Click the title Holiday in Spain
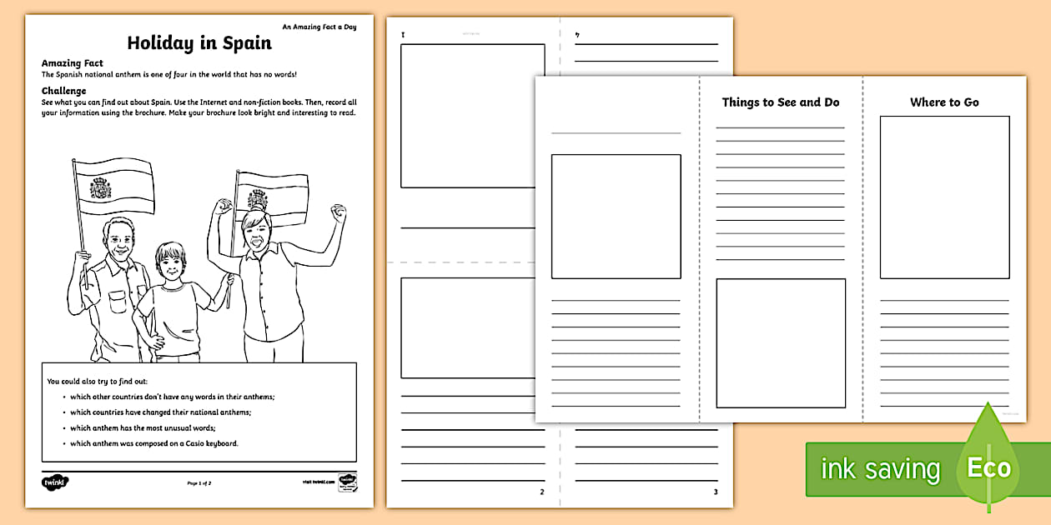pyautogui.click(x=199, y=43)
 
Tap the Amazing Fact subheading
pyautogui.click(x=72, y=63)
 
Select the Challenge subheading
pyautogui.click(x=64, y=91)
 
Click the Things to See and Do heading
pyautogui.click(x=780, y=102)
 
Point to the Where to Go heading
pyautogui.click(x=944, y=102)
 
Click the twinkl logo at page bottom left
pyautogui.click(x=55, y=482)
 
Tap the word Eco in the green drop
pyautogui.click(x=988, y=467)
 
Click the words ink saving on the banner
pyautogui.click(x=880, y=469)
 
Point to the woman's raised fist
pyautogui.click(x=337, y=212)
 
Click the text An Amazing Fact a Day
pyautogui.click(x=319, y=27)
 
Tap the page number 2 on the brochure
pyautogui.click(x=541, y=492)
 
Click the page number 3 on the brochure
pyautogui.click(x=714, y=492)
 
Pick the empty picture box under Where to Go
pyautogui.click(x=944, y=197)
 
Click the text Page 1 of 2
pyautogui.click(x=199, y=482)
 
